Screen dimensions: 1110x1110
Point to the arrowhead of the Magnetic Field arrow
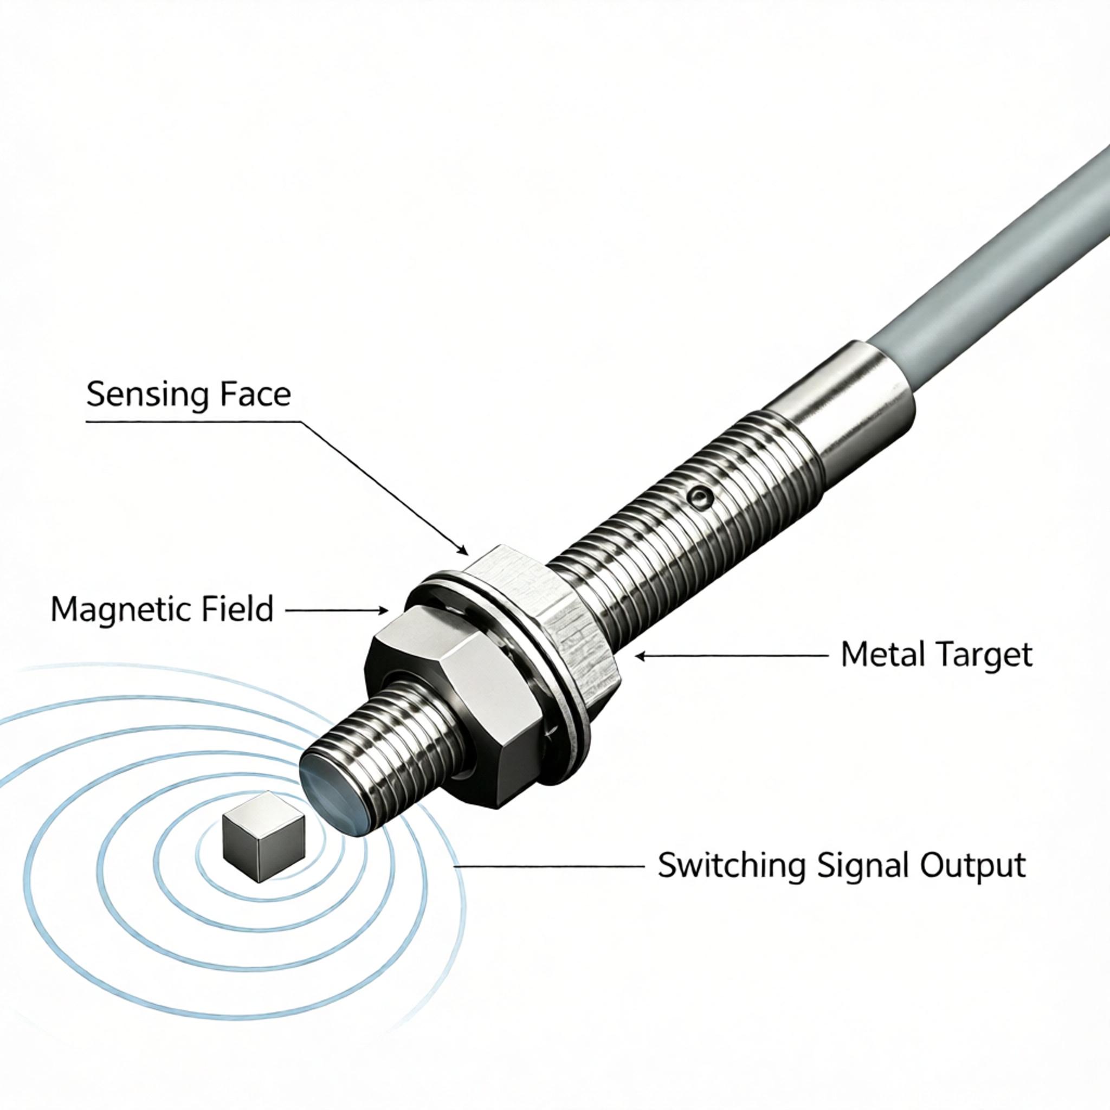point(382,610)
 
